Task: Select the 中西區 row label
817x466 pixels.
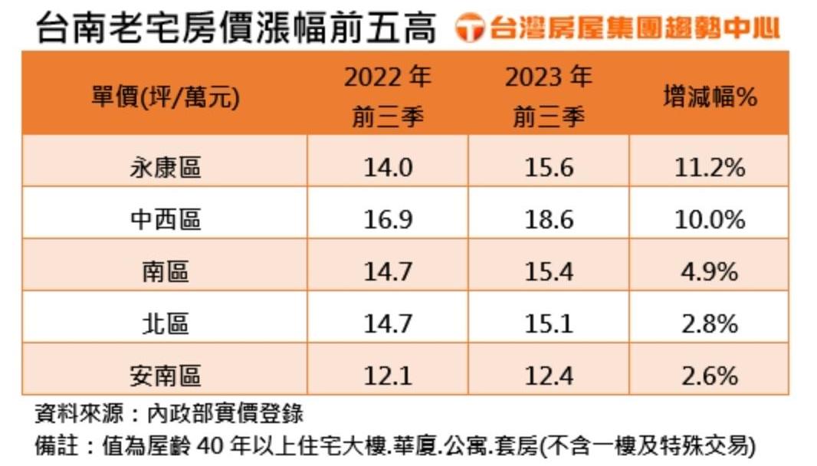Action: pos(165,220)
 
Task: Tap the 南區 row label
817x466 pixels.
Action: pos(165,272)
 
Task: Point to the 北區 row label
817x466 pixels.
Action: pos(165,323)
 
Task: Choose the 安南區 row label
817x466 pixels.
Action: pos(165,376)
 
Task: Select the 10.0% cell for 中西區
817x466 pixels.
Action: pos(709,220)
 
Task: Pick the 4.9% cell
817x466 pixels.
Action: pos(709,272)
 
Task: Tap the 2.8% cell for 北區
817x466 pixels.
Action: pos(709,323)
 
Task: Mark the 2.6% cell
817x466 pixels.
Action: pos(709,376)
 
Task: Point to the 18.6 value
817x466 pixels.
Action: pos(549,220)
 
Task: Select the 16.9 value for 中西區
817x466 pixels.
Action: pos(388,220)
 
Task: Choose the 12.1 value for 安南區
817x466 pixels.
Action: pos(388,376)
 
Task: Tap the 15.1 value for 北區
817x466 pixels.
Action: pos(549,323)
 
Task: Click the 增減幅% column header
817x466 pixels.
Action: pos(709,97)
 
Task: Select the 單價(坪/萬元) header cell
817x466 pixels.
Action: pos(165,98)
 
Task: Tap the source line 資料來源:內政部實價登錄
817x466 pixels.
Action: pos(169,415)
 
